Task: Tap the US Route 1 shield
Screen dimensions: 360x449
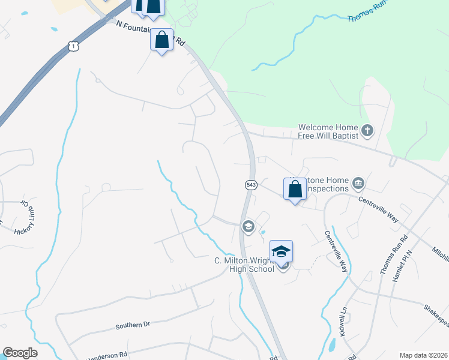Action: coord(73,46)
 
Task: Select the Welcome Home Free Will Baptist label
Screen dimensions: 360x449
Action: coord(329,131)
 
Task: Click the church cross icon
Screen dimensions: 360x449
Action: coord(367,130)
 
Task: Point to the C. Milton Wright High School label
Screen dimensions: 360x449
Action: coord(245,265)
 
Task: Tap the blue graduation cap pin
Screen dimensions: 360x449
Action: coord(281,252)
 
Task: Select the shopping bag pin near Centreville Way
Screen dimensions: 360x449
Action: coord(295,189)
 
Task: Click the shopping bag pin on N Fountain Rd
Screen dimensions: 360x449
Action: coord(161,40)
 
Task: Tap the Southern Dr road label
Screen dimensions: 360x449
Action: coord(132,326)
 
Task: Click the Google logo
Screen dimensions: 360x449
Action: coord(20,353)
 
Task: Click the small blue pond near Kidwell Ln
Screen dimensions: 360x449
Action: coord(332,345)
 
